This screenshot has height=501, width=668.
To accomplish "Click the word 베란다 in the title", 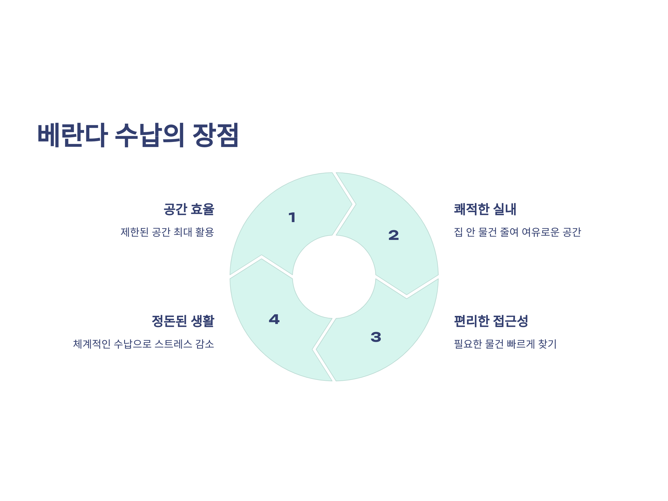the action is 72,135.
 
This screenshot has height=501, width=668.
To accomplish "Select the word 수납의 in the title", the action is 149,135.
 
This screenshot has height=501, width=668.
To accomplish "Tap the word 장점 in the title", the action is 216,135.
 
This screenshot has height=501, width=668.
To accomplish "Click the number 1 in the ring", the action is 292,217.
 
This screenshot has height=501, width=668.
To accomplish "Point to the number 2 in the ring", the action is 394,235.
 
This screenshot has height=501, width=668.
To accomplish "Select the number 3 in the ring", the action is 376,337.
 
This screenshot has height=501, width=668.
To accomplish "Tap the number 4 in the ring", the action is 274,319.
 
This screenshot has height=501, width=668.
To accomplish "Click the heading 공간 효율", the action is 189,209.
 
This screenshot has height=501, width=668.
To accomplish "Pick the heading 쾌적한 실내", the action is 485,209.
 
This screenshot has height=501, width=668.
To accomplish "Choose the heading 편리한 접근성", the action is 491,321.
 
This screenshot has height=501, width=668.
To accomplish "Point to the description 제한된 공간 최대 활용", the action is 167,232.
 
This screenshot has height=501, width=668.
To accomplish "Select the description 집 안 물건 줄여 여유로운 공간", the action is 517,232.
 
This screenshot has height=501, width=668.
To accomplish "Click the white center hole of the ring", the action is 334,277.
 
